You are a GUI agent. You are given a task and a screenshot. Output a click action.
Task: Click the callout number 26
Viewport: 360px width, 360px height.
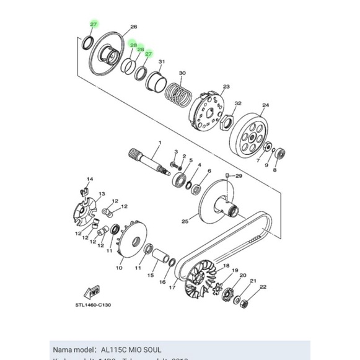point(133,27)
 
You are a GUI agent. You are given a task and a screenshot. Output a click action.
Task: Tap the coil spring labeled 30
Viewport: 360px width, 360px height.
point(178,94)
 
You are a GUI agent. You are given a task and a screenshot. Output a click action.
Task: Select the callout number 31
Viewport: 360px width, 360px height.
point(162,62)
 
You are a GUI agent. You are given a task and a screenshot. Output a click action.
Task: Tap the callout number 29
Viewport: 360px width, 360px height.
point(238,177)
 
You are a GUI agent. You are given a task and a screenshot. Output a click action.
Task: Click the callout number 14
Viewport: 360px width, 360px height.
point(89,180)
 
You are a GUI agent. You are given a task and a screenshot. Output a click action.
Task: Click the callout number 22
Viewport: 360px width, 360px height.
point(263,287)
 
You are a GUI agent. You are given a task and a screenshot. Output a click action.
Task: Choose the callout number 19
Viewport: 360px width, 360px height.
point(235,271)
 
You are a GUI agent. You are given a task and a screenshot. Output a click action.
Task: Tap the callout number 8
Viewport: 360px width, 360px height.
point(274,169)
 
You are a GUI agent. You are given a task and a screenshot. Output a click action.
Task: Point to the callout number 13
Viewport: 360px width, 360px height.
point(101,194)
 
